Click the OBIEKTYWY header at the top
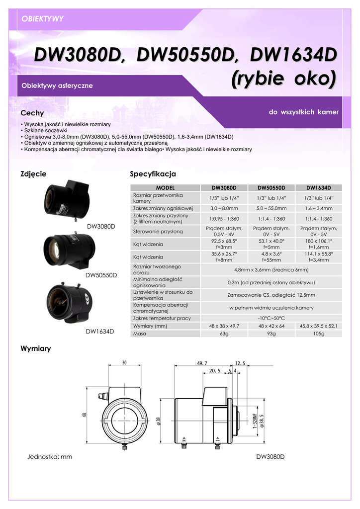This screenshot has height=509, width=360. click(43, 19)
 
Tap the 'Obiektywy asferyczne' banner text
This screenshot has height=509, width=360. click(57, 85)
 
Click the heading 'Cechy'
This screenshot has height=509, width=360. click(32, 113)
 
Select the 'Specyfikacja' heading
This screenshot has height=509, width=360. click(153, 173)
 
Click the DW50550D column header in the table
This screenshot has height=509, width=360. click(271, 187)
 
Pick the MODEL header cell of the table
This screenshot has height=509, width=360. click(165, 187)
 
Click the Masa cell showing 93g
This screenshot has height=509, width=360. click(271, 334)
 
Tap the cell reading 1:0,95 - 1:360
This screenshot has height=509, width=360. click(224, 219)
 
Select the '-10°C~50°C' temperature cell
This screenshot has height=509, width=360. click(271, 318)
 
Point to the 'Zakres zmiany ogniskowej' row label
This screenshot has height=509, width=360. click(163, 208)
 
